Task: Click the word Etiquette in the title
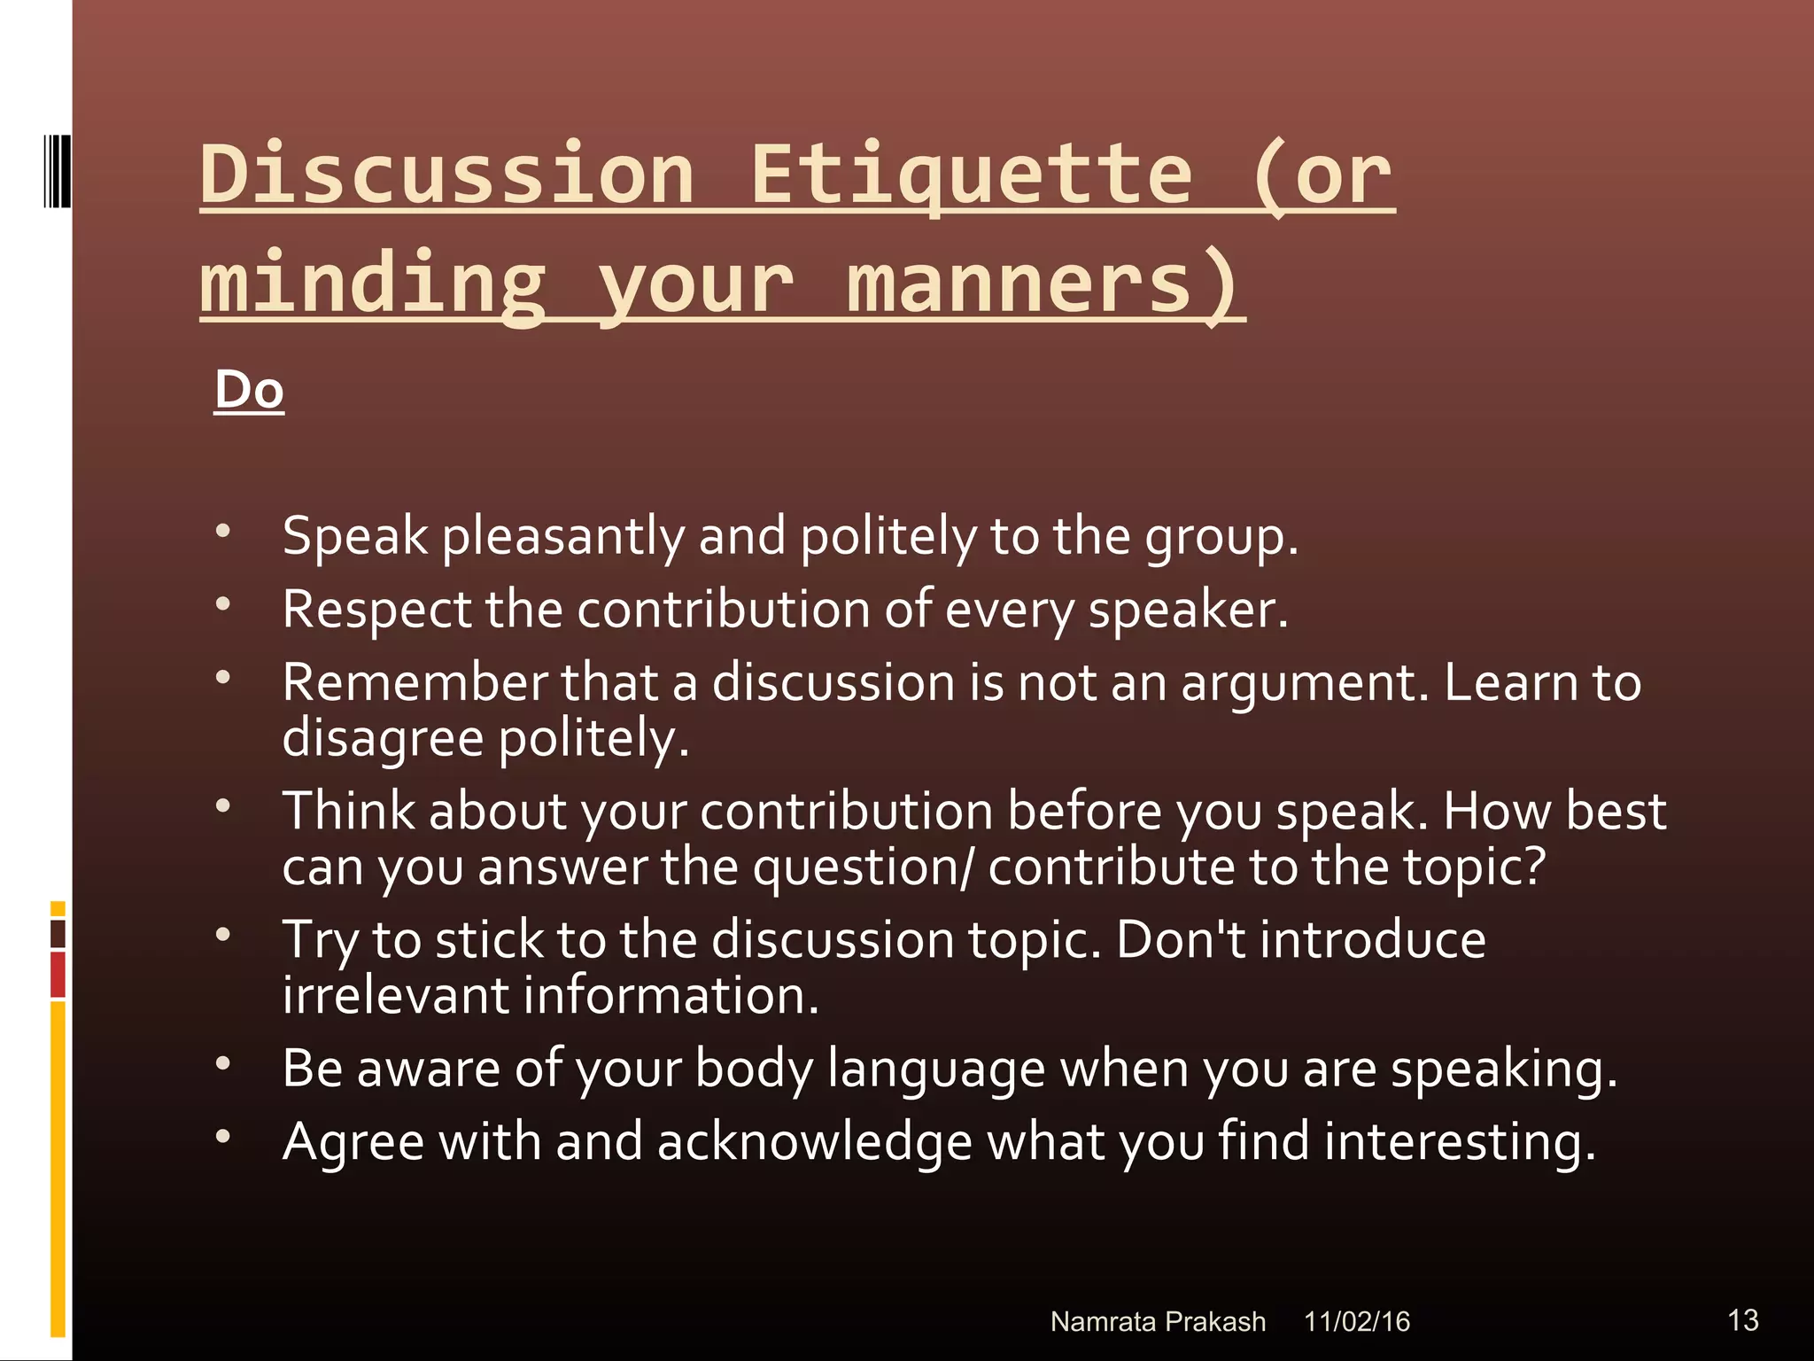(972, 174)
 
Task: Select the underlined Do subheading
(249, 390)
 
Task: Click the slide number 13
(1742, 1320)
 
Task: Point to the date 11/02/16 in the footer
(1356, 1322)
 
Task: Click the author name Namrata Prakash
(1157, 1322)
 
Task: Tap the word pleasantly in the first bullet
(562, 537)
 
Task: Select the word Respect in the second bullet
(376, 611)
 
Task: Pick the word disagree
(383, 738)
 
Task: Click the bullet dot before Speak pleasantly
(223, 531)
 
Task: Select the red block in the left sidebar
(58, 975)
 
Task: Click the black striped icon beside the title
(58, 171)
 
